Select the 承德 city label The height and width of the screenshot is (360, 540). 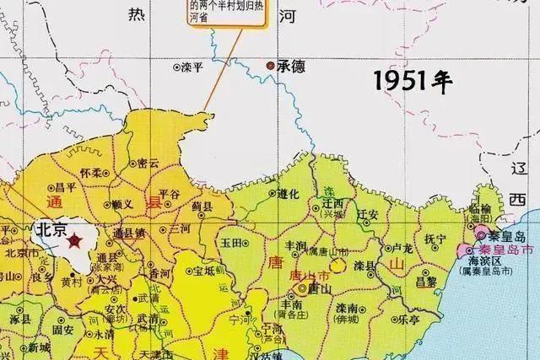coord(290,66)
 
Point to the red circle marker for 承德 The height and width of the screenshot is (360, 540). coord(270,66)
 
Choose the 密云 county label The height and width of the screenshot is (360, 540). coord(148,163)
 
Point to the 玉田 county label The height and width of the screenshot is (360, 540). coord(234,243)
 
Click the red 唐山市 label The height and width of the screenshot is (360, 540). coord(303,276)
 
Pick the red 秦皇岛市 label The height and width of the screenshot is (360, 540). coord(505,251)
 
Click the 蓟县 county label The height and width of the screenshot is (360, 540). coord(200,205)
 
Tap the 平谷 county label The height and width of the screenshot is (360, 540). coord(170,193)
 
